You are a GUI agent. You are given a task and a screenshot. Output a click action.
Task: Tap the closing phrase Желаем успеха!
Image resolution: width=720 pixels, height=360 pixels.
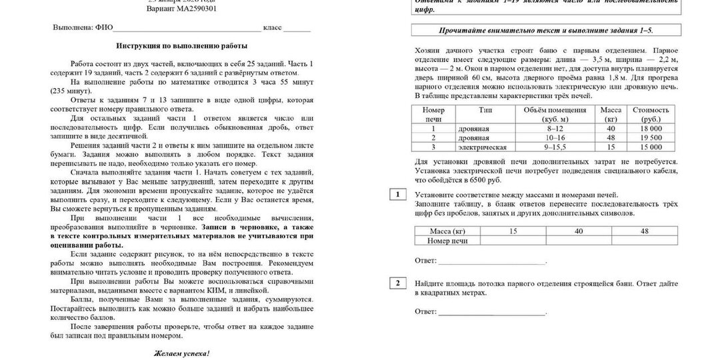tap(181, 353)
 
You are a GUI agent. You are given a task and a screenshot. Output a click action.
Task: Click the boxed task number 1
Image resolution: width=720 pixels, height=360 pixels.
tap(397, 195)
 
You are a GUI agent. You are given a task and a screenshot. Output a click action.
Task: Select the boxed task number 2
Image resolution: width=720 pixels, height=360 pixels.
tap(397, 283)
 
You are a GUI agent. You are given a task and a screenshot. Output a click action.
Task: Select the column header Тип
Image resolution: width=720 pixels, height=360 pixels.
tap(485, 110)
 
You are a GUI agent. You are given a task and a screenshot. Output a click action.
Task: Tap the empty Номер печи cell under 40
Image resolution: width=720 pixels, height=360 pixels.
tap(579, 241)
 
